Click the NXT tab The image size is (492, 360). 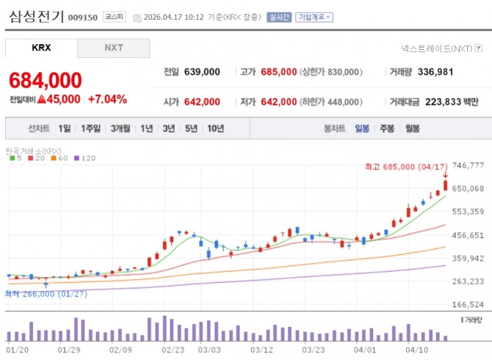click(114, 48)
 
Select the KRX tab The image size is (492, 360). click(41, 48)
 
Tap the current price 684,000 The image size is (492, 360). click(46, 80)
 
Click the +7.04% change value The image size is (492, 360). click(107, 99)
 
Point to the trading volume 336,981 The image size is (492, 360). click(435, 72)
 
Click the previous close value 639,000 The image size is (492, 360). click(202, 72)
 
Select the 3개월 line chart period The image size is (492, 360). click(120, 129)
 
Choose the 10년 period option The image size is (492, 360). click(216, 129)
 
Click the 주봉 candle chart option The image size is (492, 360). click(387, 129)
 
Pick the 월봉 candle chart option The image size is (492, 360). click(412, 129)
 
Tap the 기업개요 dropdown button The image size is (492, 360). click(314, 17)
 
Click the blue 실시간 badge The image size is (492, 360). click(279, 17)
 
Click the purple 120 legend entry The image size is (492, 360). click(85, 158)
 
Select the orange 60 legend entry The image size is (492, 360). click(59, 158)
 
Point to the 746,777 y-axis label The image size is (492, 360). click(468, 165)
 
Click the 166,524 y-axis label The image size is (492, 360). click(468, 304)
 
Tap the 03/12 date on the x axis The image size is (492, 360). click(261, 350)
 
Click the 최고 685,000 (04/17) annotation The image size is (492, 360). click(406, 167)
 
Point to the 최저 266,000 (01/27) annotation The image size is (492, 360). click(46, 294)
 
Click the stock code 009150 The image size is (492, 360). click(83, 17)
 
